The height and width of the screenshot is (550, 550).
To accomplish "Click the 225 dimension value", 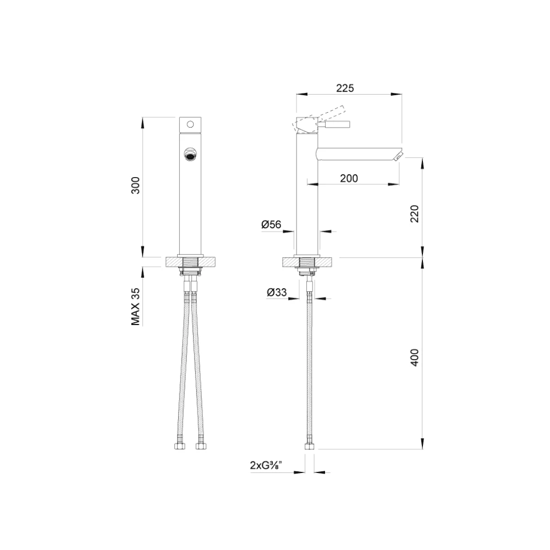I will click(344, 88).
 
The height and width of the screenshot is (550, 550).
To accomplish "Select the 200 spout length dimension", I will click(349, 178).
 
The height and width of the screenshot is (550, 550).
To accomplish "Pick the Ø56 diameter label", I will click(271, 224).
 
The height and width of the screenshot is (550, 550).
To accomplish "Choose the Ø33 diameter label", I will click(277, 293).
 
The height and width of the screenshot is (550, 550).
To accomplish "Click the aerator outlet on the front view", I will click(191, 155).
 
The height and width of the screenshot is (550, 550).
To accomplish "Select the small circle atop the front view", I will click(191, 124).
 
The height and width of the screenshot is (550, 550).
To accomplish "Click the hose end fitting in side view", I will click(310, 445).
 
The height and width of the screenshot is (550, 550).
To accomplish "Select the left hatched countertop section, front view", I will click(173, 262).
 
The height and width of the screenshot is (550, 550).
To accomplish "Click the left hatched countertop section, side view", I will click(290, 262).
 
